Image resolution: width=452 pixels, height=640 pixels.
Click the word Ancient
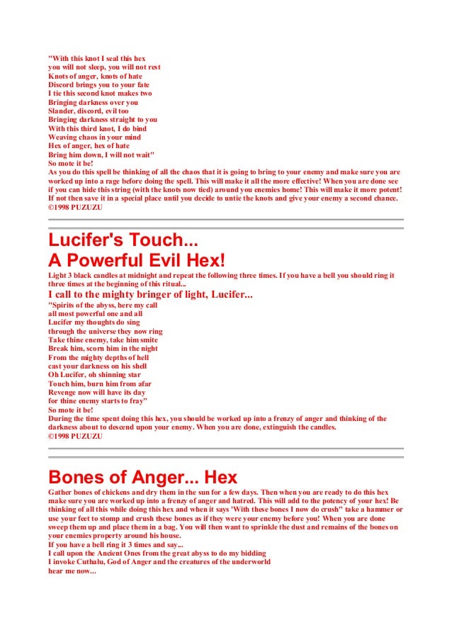click(x=114, y=553)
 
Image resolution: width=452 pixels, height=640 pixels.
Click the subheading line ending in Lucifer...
click(x=150, y=294)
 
